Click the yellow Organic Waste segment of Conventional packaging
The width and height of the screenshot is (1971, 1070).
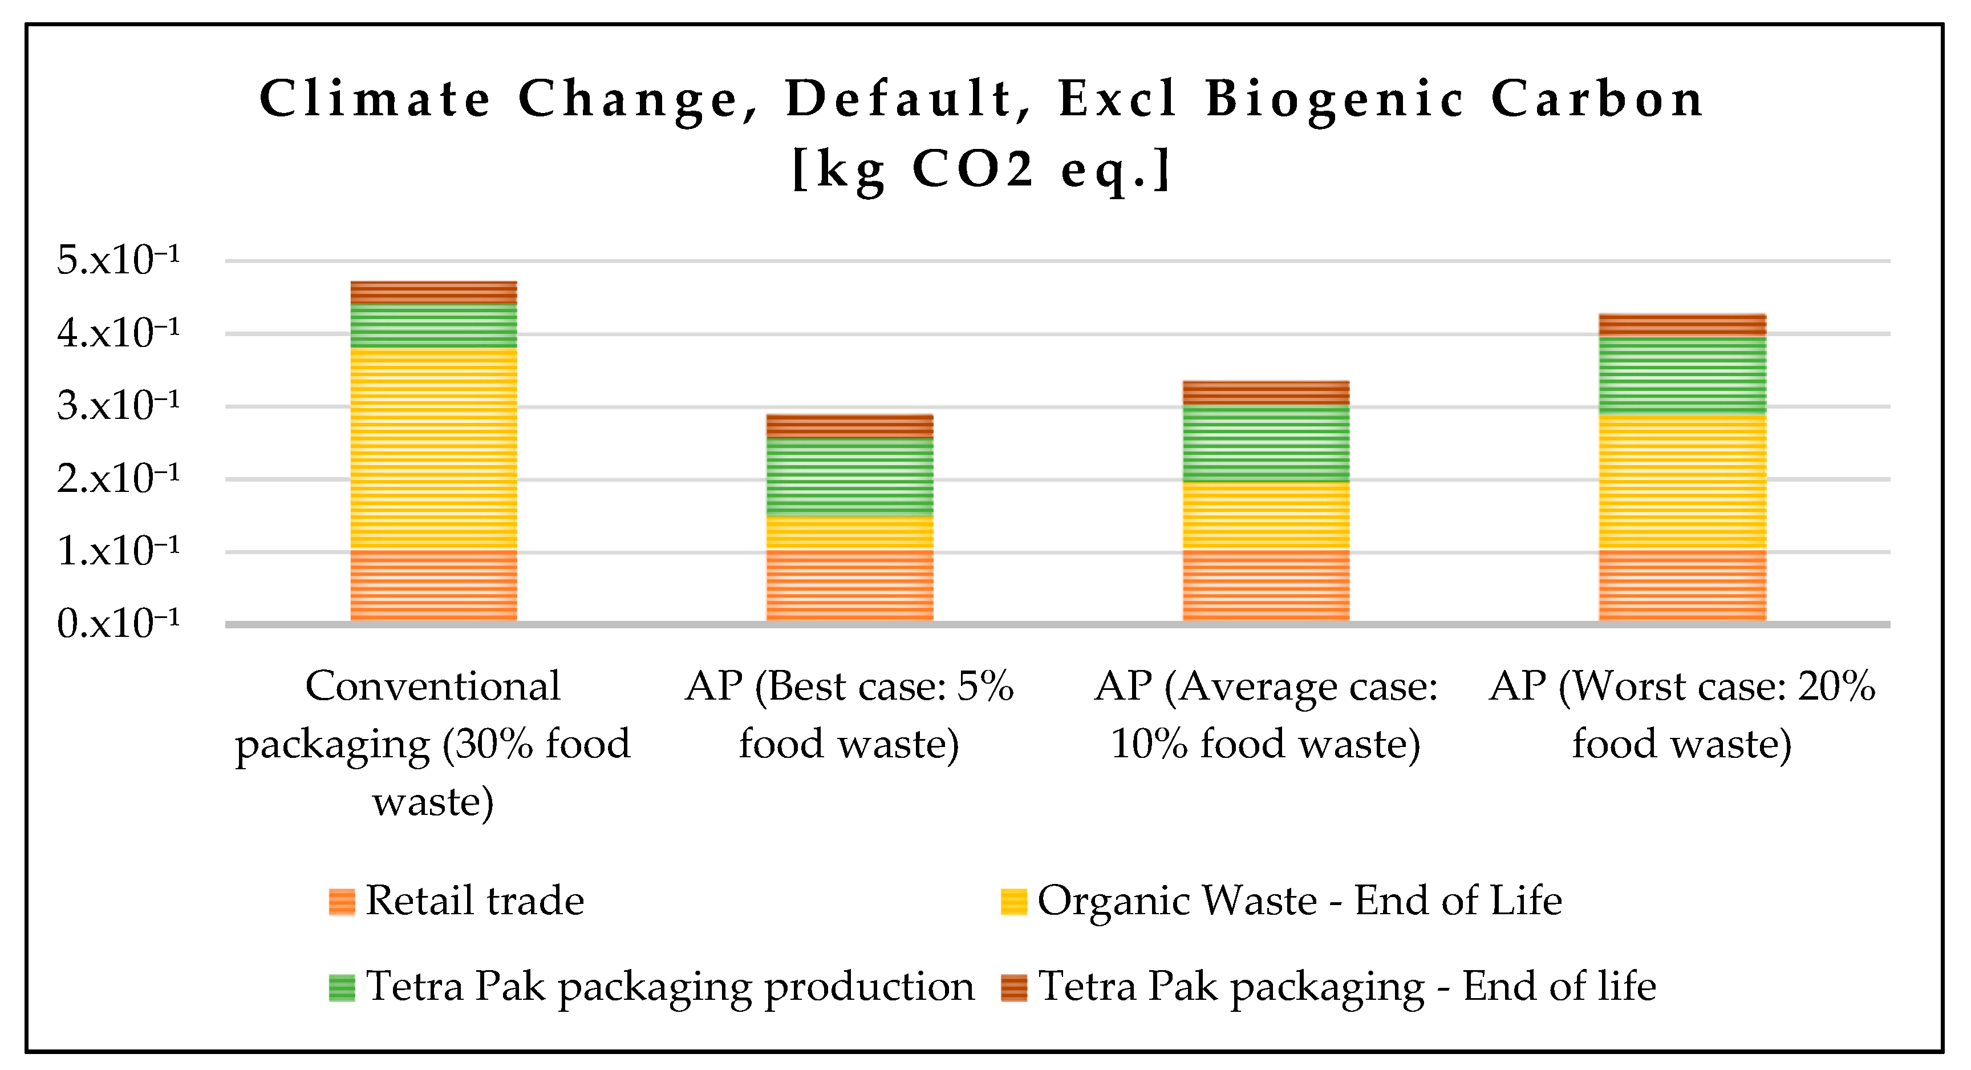click(433, 449)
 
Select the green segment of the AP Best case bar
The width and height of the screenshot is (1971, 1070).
click(849, 477)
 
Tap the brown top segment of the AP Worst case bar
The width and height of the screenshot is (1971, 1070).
click(1682, 325)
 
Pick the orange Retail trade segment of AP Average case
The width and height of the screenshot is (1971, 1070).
click(1266, 586)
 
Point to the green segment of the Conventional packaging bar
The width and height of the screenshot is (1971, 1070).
click(433, 326)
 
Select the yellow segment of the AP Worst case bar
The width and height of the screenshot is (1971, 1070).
click(1682, 482)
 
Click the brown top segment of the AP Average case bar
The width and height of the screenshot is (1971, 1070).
click(1266, 393)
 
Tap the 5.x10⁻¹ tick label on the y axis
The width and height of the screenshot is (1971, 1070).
click(118, 260)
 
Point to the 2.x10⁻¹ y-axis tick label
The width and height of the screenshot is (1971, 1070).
click(118, 479)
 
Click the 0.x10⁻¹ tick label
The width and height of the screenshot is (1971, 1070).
click(118, 624)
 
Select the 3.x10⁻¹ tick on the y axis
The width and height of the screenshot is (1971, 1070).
click(118, 406)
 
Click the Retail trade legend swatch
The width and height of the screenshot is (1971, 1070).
click(341, 902)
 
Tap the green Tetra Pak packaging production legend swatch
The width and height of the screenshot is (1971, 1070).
click(341, 987)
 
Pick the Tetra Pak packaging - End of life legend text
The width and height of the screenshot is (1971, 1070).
click(1346, 987)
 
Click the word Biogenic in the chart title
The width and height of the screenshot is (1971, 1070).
click(1335, 99)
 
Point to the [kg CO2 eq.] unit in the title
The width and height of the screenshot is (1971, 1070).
click(981, 168)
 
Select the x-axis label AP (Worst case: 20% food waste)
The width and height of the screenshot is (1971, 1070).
click(1682, 715)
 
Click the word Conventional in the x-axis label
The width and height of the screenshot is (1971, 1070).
click(433, 686)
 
